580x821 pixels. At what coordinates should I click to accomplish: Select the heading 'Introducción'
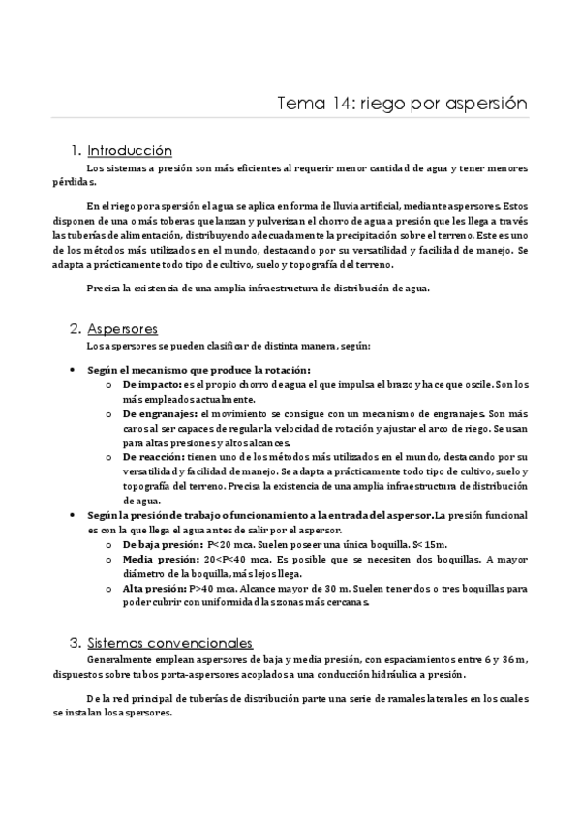[130, 151]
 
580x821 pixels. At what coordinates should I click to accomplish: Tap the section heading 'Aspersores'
[122, 328]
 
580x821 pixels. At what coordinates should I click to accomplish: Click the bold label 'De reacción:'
[155, 455]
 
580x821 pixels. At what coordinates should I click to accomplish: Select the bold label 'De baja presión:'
[163, 545]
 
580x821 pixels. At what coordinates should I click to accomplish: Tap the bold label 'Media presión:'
[158, 559]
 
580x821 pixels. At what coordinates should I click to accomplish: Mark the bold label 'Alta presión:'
[153, 588]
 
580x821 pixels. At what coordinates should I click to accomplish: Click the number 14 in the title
[333, 103]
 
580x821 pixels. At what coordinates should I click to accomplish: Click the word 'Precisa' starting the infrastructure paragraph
[104, 288]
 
